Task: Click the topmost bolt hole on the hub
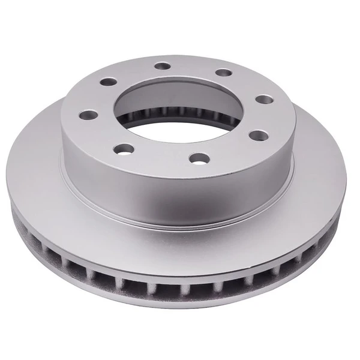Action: [x=161, y=67]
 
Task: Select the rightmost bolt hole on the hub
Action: [x=263, y=99]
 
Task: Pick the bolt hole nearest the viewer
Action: [x=199, y=158]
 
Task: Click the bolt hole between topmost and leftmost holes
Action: [x=108, y=82]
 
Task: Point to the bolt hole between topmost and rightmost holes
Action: [x=223, y=73]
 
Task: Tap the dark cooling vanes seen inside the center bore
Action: [x=180, y=112]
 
